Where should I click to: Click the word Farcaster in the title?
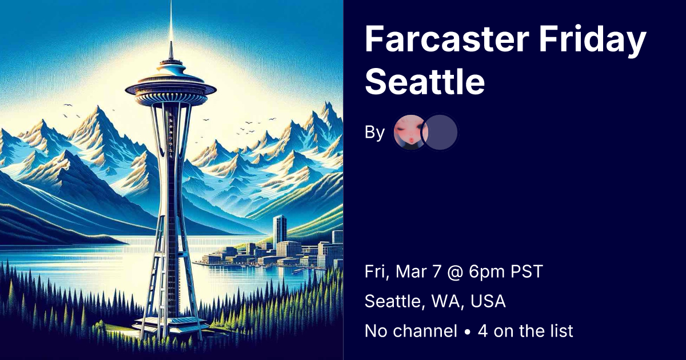coord(447,39)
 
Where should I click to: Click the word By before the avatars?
coord(374,133)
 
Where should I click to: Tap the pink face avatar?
coord(410,132)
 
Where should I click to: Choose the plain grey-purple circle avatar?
coord(440,132)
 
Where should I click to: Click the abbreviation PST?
coord(527,271)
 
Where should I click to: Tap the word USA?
coord(488,301)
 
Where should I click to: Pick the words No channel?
coord(411,331)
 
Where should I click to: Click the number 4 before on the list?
coord(482,331)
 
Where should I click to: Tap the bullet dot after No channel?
coord(468,332)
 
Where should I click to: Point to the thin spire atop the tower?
coord(171,29)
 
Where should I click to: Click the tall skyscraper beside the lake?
coord(280,230)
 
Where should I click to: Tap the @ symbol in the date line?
coord(455,272)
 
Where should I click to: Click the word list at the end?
coord(563,331)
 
